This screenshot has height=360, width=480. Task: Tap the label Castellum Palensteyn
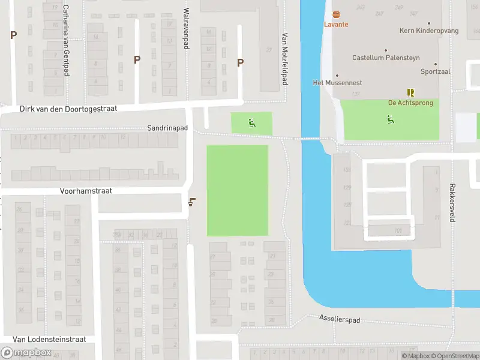[x=386, y=58]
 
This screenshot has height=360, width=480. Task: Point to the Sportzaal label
[x=436, y=71]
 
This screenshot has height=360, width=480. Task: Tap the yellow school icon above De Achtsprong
[x=411, y=92]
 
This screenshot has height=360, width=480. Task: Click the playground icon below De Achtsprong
[x=391, y=119]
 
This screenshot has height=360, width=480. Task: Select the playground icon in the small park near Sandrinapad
[x=252, y=124]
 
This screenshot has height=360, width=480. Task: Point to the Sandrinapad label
[x=167, y=128]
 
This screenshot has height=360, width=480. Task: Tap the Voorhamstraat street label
[x=86, y=190]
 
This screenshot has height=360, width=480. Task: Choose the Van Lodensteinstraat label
[x=49, y=339]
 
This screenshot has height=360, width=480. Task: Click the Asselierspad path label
[x=340, y=320]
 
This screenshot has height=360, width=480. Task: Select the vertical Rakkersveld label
[x=453, y=203]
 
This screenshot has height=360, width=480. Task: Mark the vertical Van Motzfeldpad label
[x=285, y=58]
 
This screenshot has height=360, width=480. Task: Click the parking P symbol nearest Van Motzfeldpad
[x=241, y=62]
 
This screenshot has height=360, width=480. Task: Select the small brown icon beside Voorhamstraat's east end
[x=191, y=202]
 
